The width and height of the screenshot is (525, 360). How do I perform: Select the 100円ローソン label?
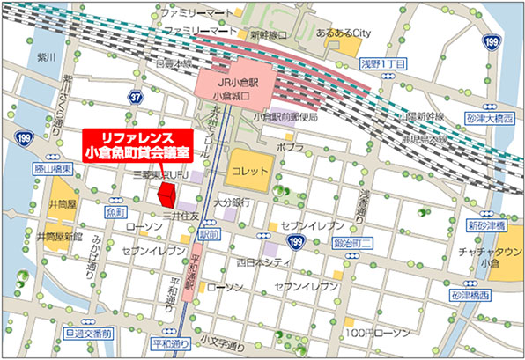pyautogui.click(x=378, y=333)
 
